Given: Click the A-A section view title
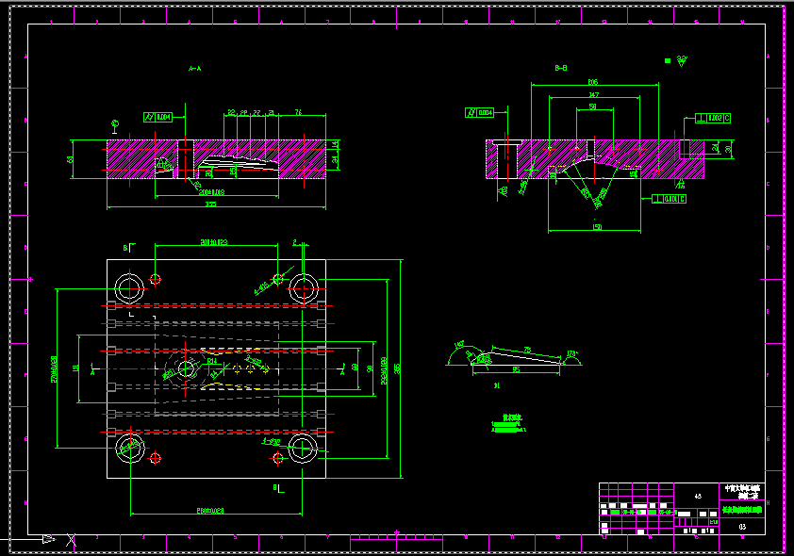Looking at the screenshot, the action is point(195,69).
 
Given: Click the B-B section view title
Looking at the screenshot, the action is point(560,68).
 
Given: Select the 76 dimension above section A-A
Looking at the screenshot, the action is point(298,112).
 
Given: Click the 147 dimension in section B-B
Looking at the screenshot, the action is point(593,95).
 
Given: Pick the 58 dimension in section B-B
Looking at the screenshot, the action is point(592,107).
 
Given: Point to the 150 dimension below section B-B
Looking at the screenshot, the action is point(596,227).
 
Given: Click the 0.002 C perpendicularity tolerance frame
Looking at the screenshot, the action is point(713,118).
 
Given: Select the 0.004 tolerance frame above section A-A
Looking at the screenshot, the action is point(157,117).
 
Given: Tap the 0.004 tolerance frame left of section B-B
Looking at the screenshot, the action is point(480,113).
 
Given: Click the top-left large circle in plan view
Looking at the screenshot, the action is point(127,286).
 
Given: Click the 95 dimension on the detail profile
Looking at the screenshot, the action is point(516,369).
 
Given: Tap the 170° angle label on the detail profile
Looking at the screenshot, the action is point(571,354).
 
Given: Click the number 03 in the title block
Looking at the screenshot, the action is point(742,527).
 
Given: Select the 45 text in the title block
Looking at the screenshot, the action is point(698,496).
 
